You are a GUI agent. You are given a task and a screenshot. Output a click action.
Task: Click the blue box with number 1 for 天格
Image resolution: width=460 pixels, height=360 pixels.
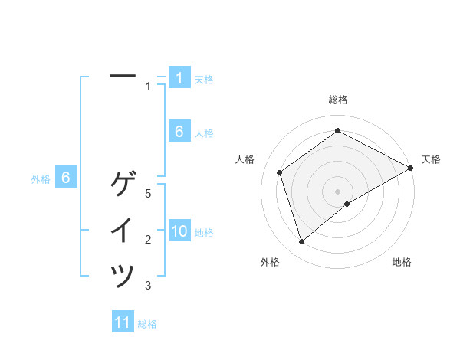[x=179, y=78]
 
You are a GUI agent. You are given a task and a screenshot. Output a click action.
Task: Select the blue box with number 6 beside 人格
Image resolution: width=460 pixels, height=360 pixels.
[x=179, y=132]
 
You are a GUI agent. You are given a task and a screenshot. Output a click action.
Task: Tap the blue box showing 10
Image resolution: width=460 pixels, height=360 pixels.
[x=179, y=231]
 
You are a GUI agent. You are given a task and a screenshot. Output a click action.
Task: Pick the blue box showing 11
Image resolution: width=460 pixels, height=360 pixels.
[x=123, y=322]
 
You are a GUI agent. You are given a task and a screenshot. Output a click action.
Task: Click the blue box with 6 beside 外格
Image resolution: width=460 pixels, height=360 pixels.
[x=66, y=178]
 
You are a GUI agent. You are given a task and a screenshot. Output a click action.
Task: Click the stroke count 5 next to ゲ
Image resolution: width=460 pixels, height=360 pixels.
[x=148, y=195]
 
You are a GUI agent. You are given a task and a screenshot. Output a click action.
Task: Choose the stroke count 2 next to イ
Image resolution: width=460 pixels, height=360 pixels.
[x=148, y=241]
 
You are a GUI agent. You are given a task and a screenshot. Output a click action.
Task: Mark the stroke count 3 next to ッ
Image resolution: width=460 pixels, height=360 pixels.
[x=148, y=286]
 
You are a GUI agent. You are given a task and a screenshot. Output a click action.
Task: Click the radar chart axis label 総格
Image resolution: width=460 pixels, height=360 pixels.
[x=338, y=100]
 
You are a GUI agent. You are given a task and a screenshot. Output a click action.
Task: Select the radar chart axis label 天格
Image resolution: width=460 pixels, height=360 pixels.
[x=431, y=159]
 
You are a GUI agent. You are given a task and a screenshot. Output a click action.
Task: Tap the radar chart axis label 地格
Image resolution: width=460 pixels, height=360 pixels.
[x=402, y=263]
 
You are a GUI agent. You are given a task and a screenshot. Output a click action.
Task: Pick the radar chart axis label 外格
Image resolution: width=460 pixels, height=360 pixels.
[x=270, y=263]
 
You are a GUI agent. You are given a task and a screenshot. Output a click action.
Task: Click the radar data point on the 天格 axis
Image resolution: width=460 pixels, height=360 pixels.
[x=411, y=168]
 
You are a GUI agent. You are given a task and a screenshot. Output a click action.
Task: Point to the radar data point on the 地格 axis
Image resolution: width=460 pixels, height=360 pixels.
[x=347, y=204]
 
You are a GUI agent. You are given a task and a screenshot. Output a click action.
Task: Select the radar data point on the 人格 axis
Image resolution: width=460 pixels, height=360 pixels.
[x=280, y=172]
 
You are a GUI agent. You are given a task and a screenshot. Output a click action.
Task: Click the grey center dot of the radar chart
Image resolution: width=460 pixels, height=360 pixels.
[x=338, y=191]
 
